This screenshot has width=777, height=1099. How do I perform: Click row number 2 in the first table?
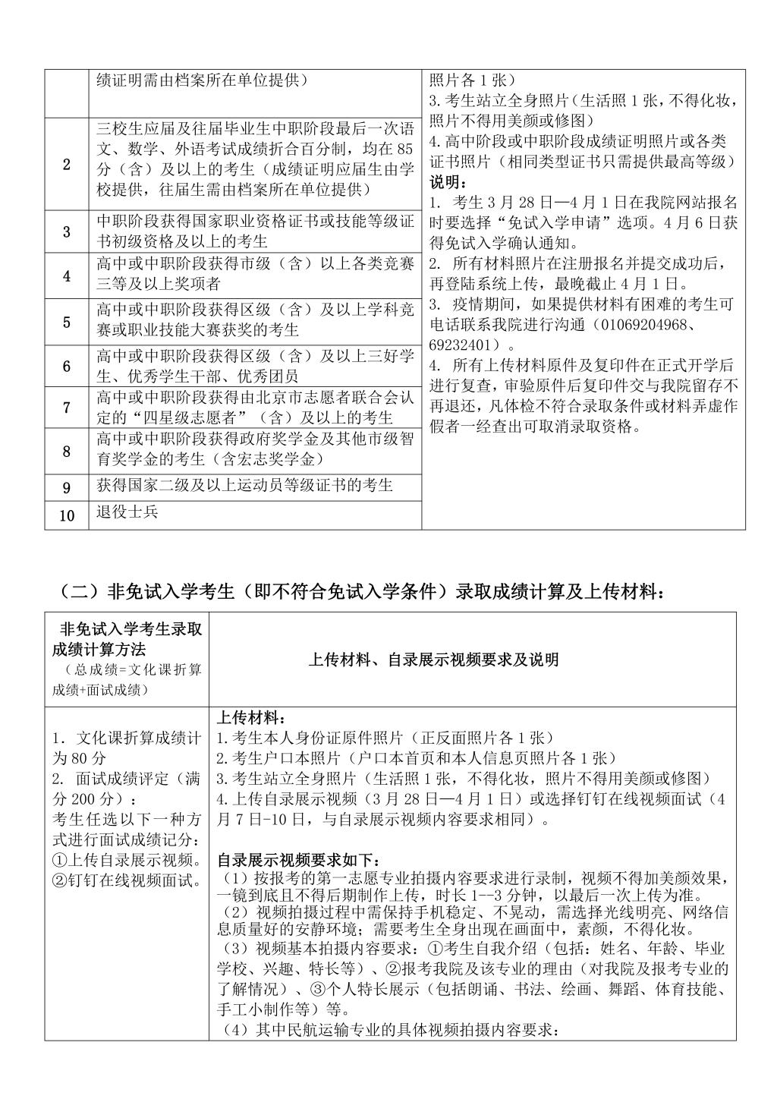coord(67,164)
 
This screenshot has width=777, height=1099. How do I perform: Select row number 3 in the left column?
coord(67,231)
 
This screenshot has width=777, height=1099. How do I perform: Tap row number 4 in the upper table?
coord(67,276)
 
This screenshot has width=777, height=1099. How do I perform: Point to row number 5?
coord(67,322)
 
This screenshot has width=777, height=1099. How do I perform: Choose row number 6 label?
coord(67,367)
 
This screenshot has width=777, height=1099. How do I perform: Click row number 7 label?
coord(67,408)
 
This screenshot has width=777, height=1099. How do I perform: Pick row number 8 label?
coord(67,451)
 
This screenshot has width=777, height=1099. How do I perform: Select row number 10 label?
coord(67,515)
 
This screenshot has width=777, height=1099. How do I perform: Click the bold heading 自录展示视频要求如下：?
coord(297,861)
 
